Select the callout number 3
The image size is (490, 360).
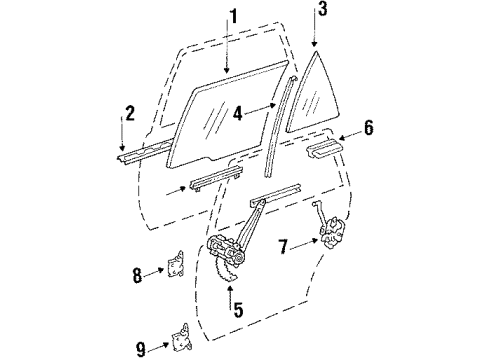point(321,11)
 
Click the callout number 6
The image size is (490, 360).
point(367,129)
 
